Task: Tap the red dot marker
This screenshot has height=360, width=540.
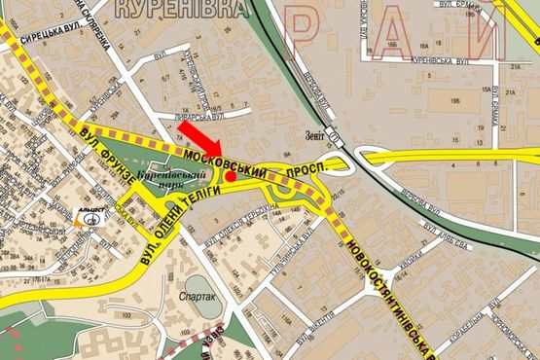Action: [231, 176]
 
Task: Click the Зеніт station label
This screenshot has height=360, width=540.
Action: [312, 138]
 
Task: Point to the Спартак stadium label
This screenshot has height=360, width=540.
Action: [198, 296]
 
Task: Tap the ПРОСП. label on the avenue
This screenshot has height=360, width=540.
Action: [309, 171]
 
